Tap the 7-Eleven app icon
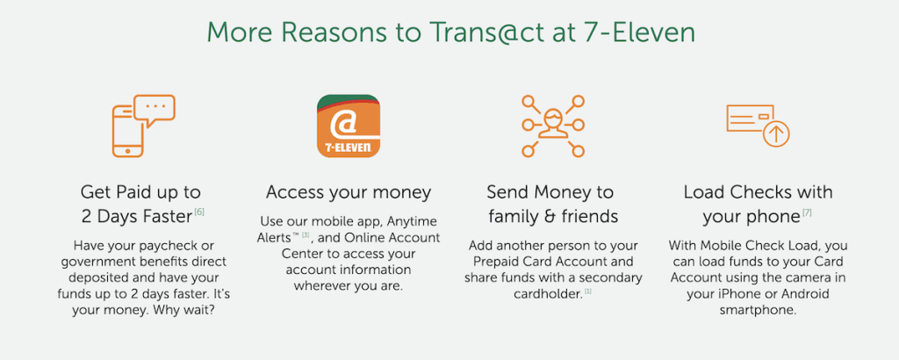(349, 126)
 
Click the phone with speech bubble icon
(143, 126)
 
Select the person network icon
(553, 126)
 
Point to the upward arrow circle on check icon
(776, 134)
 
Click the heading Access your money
(349, 192)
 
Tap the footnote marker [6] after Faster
(199, 212)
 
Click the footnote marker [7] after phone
(807, 212)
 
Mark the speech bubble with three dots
(154, 110)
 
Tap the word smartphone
(758, 310)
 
